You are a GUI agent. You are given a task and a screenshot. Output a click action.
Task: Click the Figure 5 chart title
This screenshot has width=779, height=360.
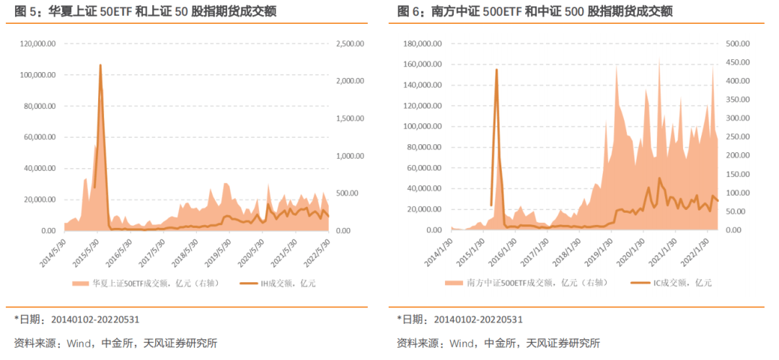coord(144,11)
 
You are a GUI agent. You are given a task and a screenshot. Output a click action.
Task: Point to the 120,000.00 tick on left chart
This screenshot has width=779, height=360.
coord(37,44)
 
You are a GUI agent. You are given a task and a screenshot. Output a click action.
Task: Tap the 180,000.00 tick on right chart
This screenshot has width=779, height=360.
coord(422,44)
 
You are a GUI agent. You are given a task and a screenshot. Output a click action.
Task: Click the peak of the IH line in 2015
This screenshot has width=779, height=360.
coord(100,66)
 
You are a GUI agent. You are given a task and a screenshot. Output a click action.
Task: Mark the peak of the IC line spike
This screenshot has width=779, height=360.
coord(496,70)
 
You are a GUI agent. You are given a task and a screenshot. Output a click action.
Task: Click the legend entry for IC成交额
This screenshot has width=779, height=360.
coord(671,283)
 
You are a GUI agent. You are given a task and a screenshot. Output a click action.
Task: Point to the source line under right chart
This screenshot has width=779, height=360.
coord(498,343)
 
